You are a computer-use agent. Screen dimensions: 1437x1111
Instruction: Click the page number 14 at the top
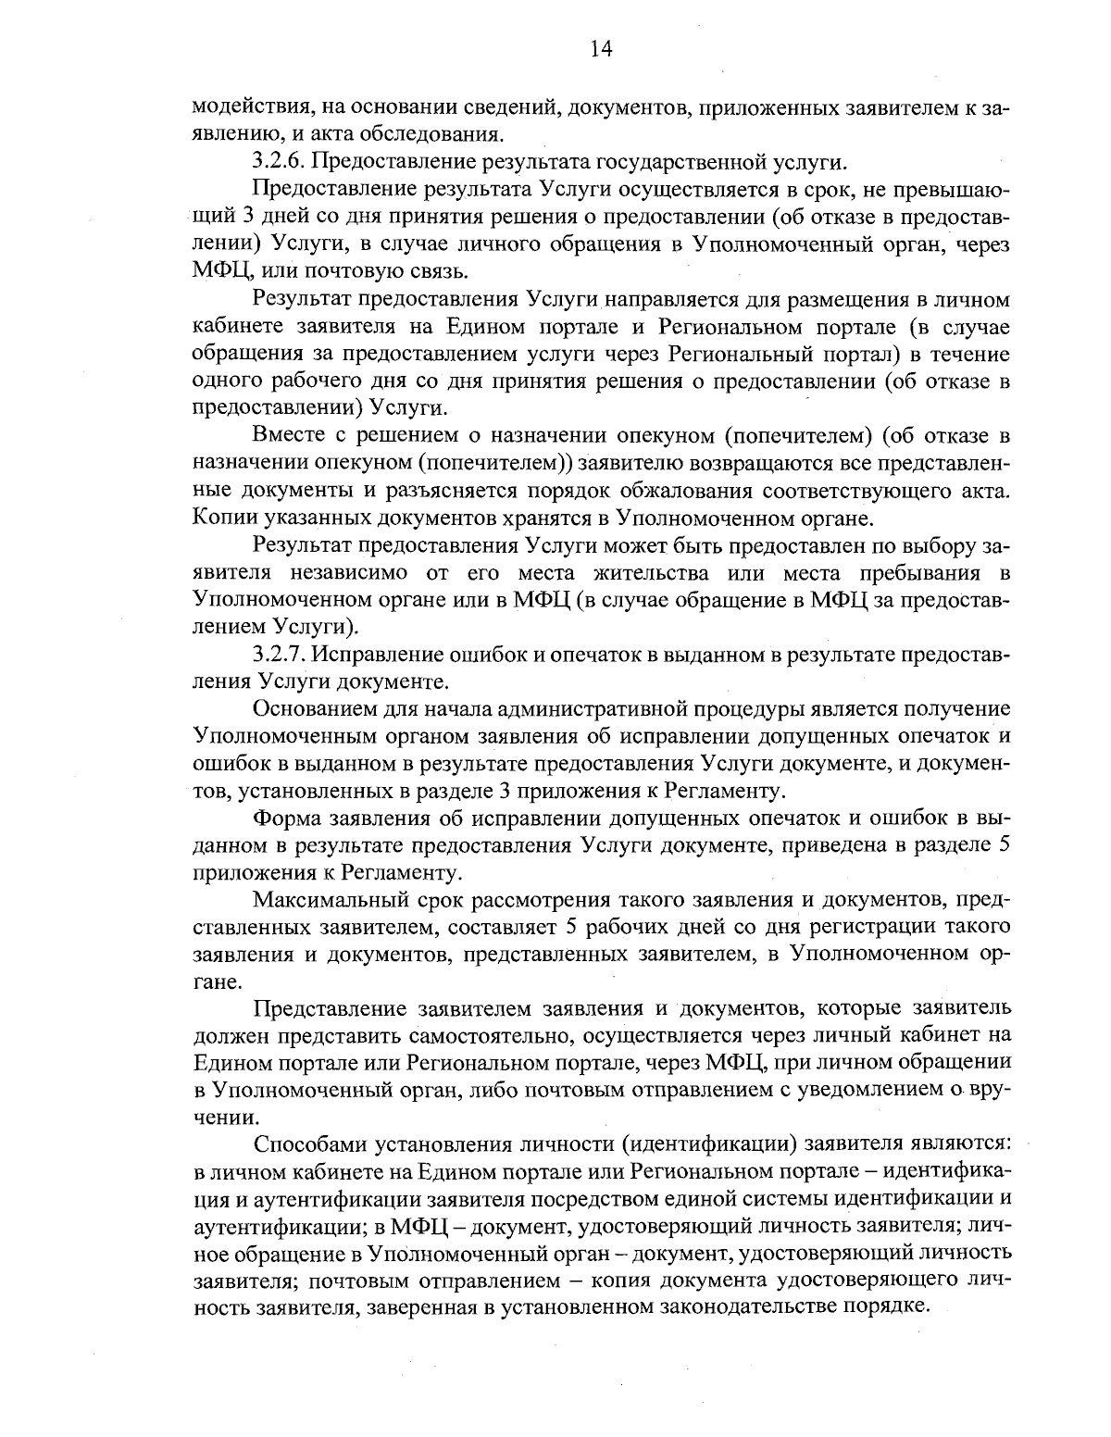point(601,48)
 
